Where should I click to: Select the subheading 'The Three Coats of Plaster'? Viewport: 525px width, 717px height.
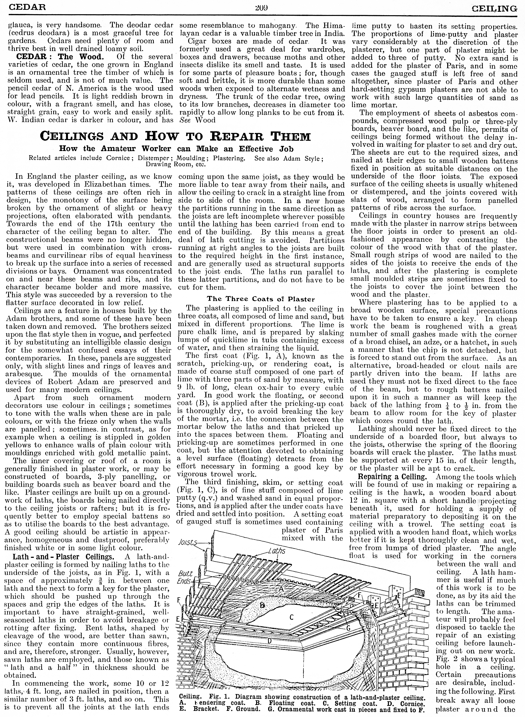pos(261,299)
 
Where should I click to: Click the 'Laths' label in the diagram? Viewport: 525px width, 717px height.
pos(276,551)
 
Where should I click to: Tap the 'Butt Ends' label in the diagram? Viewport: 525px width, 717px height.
pos(185,578)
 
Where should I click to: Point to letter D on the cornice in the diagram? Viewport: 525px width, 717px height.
pos(269,641)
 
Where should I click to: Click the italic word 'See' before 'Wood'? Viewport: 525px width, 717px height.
pos(184,120)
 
